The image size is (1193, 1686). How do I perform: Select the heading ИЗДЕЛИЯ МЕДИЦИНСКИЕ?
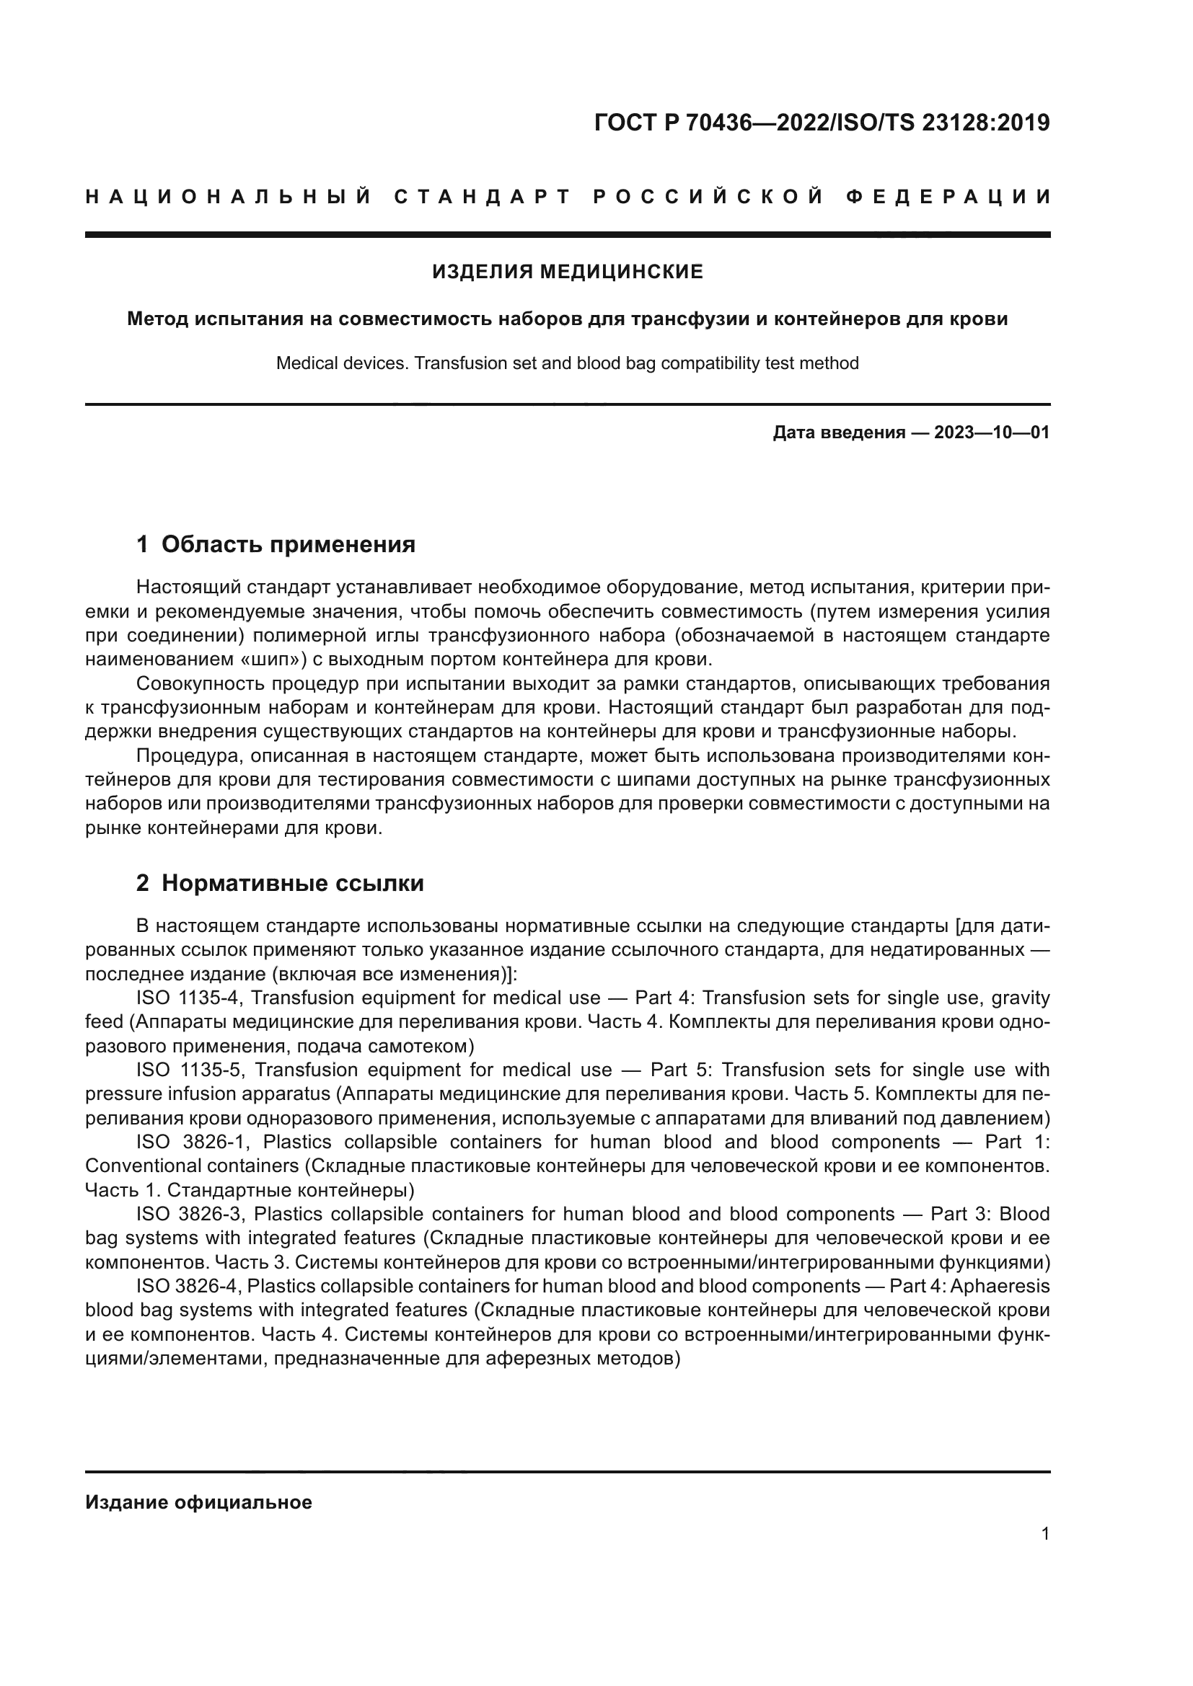coord(567,272)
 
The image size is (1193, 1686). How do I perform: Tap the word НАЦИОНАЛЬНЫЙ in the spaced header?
coord(229,197)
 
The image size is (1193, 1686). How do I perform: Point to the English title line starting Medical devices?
coord(567,363)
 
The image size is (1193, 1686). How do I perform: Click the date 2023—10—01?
coord(992,432)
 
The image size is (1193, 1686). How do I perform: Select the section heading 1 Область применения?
coord(276,544)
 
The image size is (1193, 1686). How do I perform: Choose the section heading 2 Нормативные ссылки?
coord(280,884)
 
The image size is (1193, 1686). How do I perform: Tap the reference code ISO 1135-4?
coord(189,998)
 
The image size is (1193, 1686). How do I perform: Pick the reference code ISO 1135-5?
coord(189,1070)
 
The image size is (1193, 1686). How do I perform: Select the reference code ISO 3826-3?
coord(189,1214)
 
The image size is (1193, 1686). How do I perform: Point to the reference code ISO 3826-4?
coord(189,1286)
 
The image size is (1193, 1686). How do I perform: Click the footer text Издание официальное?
coord(198,1502)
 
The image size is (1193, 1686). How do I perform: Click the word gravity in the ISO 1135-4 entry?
coord(1021,998)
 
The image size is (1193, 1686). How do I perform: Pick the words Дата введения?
coord(838,432)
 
